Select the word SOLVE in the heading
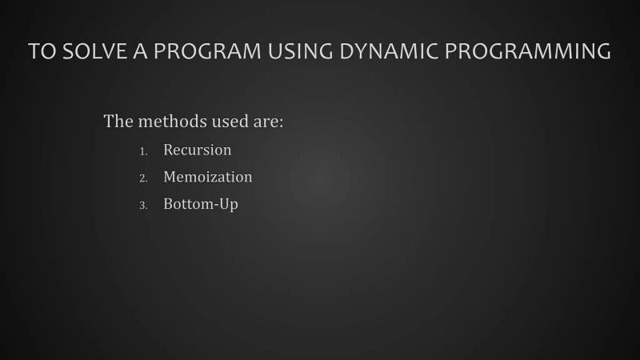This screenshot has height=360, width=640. tap(90, 51)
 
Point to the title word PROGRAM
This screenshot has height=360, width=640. tap(199, 51)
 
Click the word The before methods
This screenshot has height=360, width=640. tap(118, 122)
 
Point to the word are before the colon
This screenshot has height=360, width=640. tap(265, 122)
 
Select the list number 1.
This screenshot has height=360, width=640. tap(143, 151)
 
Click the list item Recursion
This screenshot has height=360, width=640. tap(197, 150)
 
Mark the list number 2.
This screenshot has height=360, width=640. tap(143, 178)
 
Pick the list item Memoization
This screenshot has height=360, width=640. tap(207, 177)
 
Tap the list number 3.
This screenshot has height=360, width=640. tap(143, 206)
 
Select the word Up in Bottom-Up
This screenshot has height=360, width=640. tap(230, 205)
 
